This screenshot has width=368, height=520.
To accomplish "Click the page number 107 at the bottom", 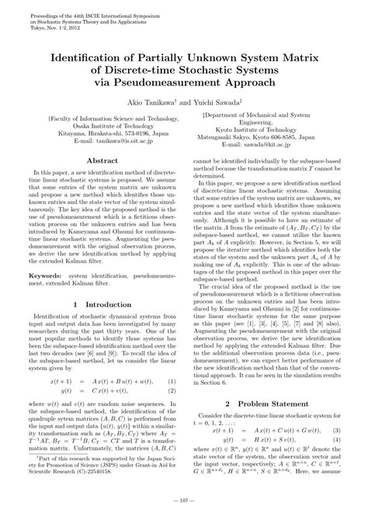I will [x=184, y=509].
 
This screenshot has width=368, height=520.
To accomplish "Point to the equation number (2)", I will [x=173, y=393].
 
